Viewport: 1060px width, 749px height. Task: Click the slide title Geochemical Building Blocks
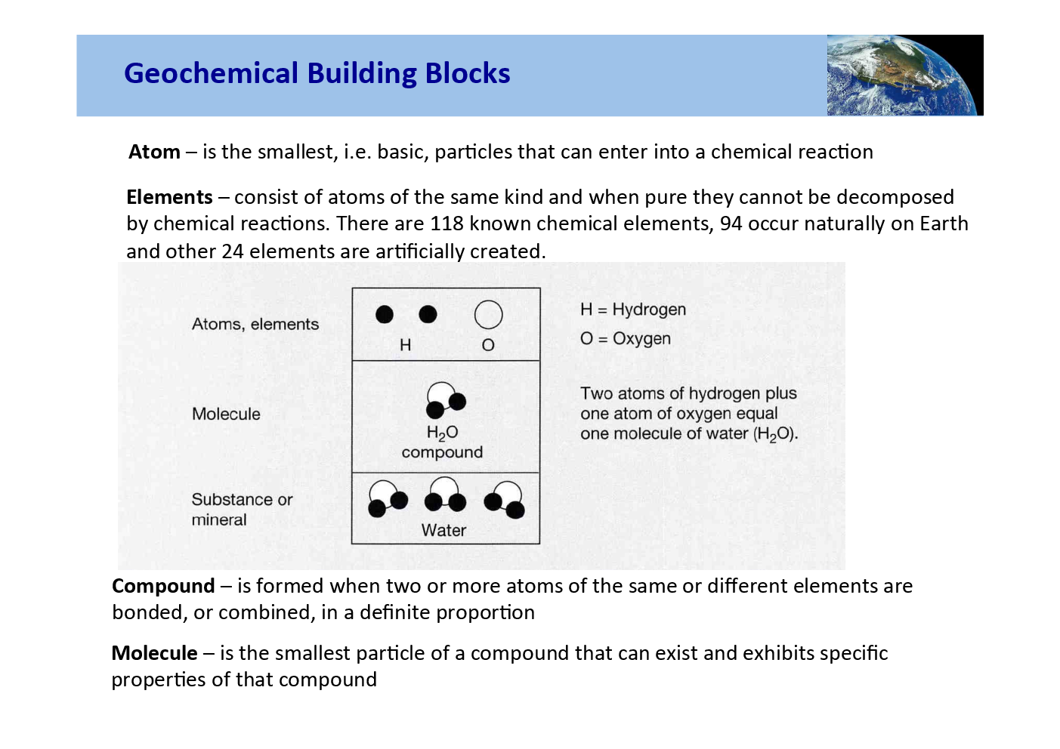coord(317,73)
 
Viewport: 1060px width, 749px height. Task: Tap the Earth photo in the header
coord(904,75)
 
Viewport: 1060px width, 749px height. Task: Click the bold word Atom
coord(154,152)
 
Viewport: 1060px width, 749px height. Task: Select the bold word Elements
coord(169,197)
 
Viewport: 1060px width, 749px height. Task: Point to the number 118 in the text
coord(447,223)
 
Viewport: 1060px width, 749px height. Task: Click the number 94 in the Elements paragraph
coord(731,223)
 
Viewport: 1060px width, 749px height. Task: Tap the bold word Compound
coord(163,586)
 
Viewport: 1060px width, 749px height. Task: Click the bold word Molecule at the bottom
coord(154,653)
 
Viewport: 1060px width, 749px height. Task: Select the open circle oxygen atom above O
coord(488,315)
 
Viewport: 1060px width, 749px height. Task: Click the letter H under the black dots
coord(405,345)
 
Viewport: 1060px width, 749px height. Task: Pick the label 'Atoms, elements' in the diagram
coord(255,324)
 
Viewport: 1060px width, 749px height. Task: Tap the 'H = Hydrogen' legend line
coord(633,310)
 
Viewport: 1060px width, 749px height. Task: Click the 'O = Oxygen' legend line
coord(625,338)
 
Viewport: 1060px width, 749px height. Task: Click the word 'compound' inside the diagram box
coord(442,452)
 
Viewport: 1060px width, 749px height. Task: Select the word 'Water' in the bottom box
coord(443,530)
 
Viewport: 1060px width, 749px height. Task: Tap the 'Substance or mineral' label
coord(242,509)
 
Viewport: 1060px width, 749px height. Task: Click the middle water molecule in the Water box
coord(444,495)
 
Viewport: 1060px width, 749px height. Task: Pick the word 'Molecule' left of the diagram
coord(226,414)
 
